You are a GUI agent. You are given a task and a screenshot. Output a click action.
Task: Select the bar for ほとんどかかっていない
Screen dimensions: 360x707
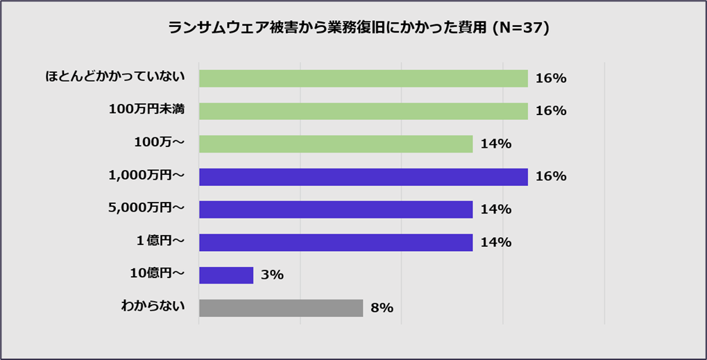point(363,78)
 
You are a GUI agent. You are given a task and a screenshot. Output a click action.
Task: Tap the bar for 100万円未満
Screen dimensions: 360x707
point(363,111)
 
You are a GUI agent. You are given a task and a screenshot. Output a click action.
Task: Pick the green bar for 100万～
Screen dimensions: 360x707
point(336,144)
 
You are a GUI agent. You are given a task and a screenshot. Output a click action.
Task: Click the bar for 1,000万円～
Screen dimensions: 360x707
point(363,177)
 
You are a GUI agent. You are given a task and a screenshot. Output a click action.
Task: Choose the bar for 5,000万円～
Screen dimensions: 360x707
point(336,209)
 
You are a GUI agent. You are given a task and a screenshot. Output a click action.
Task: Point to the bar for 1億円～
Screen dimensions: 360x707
point(336,242)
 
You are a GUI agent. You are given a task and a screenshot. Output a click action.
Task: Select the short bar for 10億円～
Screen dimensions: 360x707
point(226,275)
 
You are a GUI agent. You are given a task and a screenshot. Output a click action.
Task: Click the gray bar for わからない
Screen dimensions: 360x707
point(281,308)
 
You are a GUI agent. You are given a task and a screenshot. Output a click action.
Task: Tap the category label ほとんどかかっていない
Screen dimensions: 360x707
point(115,76)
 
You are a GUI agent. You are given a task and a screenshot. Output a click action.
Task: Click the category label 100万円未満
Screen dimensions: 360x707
point(146,109)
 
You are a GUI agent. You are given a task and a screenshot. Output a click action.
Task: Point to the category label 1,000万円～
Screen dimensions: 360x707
point(146,175)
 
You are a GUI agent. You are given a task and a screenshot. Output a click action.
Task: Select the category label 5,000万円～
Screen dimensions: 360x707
point(146,207)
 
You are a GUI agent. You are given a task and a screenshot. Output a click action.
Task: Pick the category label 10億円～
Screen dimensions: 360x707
point(157,273)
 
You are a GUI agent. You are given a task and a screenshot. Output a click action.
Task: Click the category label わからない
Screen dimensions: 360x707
point(153,305)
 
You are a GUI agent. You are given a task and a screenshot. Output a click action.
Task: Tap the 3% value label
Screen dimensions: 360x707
point(272,275)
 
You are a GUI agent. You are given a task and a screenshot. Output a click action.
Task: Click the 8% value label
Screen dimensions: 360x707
point(382,308)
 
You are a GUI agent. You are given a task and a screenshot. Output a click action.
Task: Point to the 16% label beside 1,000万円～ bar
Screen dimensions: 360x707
point(551,177)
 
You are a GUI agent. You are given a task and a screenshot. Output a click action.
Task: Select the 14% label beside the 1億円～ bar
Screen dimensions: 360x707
point(495,242)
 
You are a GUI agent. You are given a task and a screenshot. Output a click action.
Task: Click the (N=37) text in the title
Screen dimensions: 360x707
point(520,28)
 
